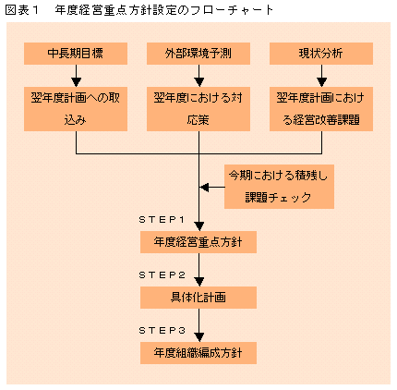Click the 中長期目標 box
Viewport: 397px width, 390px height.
[x=76, y=54]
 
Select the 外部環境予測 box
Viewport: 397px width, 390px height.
[x=198, y=54]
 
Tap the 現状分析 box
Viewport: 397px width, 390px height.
[x=321, y=54]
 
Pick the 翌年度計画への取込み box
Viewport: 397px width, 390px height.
[x=76, y=109]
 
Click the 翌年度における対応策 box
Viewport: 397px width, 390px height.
[x=198, y=109]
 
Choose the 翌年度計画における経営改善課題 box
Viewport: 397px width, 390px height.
[x=321, y=109]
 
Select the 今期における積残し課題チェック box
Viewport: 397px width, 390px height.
[x=279, y=187]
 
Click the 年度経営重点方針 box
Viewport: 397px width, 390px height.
[x=198, y=242]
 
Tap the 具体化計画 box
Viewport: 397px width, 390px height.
[x=198, y=298]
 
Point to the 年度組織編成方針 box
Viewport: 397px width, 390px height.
[x=198, y=353]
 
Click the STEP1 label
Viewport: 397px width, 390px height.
[x=162, y=220]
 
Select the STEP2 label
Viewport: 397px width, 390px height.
[x=162, y=275]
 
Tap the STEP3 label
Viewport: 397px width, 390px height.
[x=162, y=331]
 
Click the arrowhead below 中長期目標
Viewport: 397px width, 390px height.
[x=76, y=82]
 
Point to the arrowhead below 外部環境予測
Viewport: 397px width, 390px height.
[x=199, y=82]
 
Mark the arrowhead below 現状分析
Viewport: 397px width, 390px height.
[x=322, y=82]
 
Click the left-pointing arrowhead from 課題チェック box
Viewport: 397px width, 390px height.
[x=204, y=187]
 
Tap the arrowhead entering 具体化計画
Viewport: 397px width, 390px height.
[x=199, y=282]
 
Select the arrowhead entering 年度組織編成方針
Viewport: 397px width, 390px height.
[x=199, y=337]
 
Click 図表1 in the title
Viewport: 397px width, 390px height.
[x=22, y=10]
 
